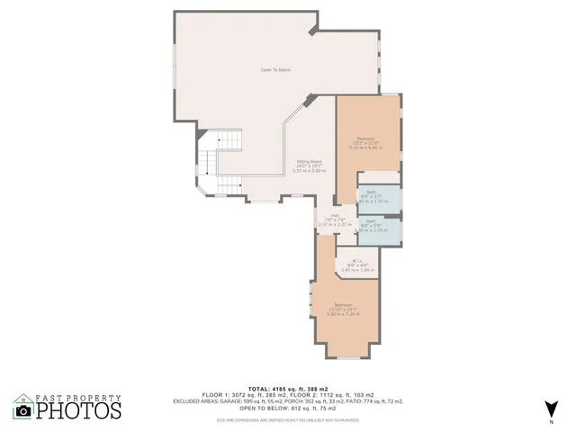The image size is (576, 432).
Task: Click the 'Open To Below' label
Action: click(275, 70)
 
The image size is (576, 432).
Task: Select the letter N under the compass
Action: click(552, 421)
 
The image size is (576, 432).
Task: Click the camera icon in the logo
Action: click(24, 410)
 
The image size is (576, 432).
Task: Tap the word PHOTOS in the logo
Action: click(78, 410)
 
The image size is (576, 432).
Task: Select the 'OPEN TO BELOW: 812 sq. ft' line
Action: click(275, 408)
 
